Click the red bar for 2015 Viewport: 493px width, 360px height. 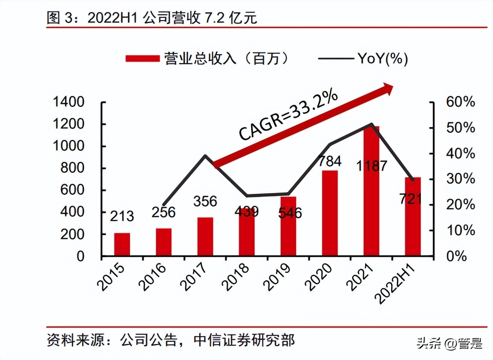(x=122, y=244)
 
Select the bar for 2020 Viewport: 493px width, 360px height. (x=330, y=213)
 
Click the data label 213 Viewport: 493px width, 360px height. (x=121, y=216)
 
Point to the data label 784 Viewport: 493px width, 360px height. (x=329, y=161)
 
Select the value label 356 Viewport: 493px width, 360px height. (x=205, y=201)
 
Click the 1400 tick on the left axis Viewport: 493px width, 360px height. (x=69, y=102)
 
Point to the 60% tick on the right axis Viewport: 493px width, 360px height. (x=460, y=102)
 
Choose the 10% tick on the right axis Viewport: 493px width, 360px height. (x=460, y=231)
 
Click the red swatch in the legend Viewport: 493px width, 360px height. (x=142, y=59)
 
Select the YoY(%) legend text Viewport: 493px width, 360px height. (x=382, y=59)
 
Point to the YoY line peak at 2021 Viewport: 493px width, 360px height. (x=371, y=124)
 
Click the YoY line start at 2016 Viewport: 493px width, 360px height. (x=163, y=204)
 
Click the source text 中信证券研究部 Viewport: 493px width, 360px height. (x=244, y=340)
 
